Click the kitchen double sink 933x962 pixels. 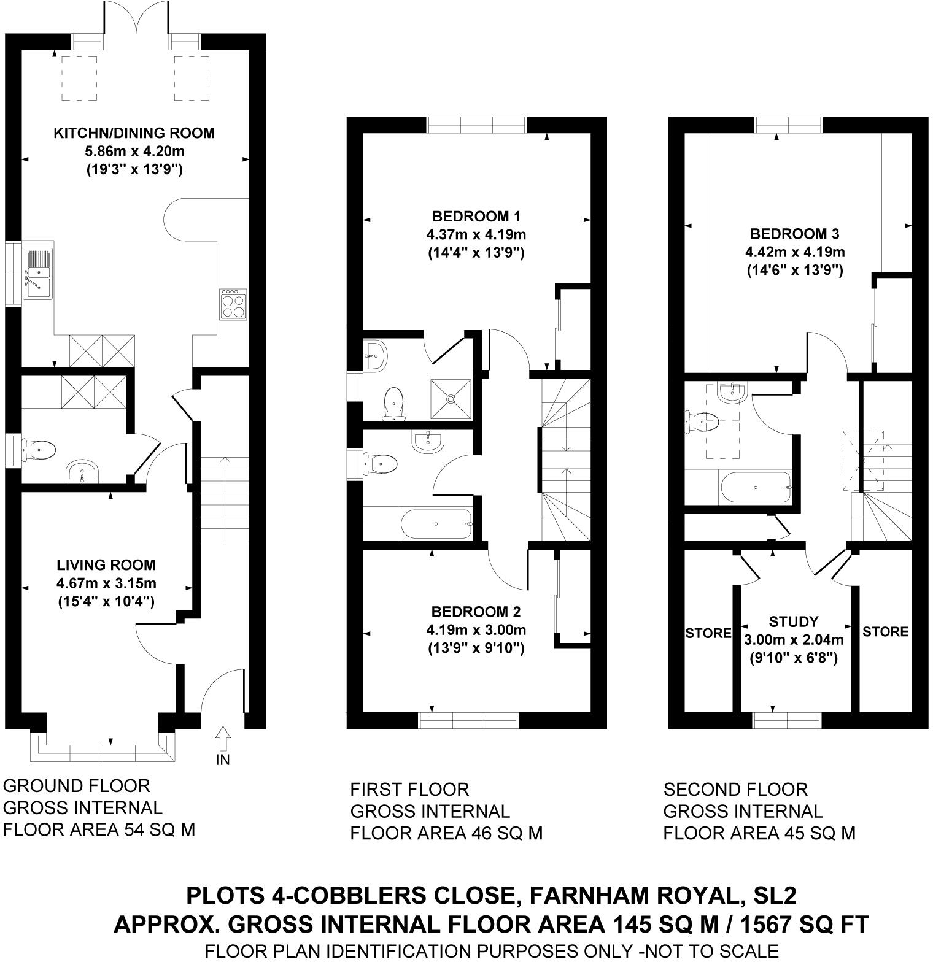37,274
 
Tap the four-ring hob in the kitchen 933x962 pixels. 232,303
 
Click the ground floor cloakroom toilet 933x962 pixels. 40,450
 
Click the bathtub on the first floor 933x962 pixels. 436,524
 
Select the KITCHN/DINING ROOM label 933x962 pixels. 134,133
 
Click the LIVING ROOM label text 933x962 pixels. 106,565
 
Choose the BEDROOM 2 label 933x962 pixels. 476,612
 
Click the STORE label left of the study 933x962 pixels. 708,633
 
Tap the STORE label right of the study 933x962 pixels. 885,631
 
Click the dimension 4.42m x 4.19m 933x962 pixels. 795,252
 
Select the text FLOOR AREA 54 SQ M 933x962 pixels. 99,830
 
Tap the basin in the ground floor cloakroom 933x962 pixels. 82,472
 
